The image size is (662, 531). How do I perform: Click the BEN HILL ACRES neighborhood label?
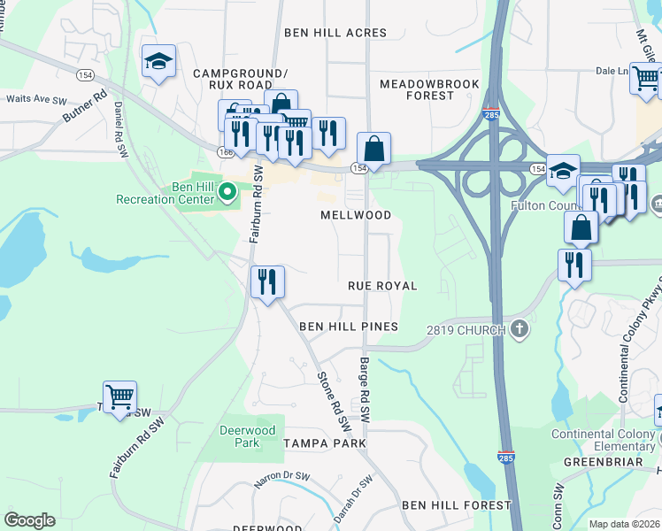pos(329,33)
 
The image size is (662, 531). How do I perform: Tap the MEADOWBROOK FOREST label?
pos(429,89)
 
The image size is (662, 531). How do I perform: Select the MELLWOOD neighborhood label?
pos(356,215)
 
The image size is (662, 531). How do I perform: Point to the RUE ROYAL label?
pos(382,286)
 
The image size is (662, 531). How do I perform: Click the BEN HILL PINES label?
pos(349,327)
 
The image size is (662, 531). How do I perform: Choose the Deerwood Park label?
pos(239,435)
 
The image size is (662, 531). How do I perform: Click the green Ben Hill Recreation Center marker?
pos(227,190)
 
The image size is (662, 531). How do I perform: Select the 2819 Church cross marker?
pos(520,330)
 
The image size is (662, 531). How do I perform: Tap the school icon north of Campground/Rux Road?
pos(158,62)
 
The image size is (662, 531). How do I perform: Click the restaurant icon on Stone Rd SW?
pos(267,282)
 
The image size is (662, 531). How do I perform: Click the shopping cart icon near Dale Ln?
pos(645,80)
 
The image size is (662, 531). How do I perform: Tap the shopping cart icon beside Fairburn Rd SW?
pos(119,396)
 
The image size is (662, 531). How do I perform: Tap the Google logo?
pos(29,520)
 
